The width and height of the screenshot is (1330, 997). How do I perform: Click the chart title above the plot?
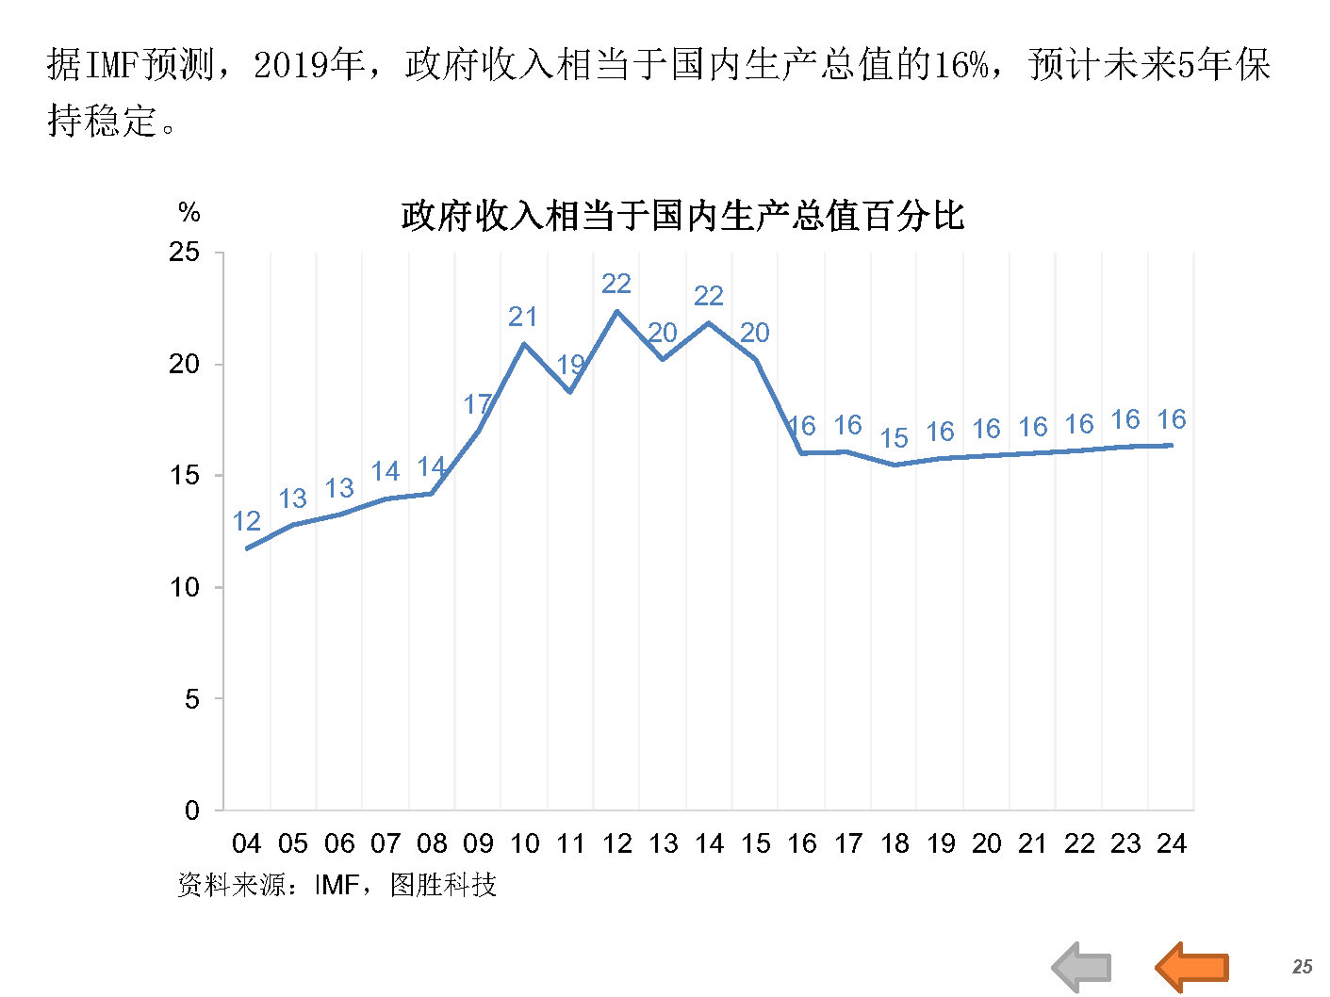(x=682, y=216)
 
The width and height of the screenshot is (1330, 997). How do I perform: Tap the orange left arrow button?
(x=1192, y=967)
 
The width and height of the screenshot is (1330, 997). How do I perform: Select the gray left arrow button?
(x=1082, y=967)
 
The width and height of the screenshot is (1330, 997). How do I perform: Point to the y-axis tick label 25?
(x=185, y=253)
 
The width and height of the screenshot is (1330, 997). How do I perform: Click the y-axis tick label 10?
(x=185, y=587)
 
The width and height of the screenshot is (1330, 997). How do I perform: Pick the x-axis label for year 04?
(x=247, y=843)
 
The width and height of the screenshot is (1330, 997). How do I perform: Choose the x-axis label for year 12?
(x=617, y=843)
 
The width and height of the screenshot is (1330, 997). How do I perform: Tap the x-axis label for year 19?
(x=941, y=843)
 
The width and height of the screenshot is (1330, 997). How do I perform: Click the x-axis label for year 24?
(x=1172, y=843)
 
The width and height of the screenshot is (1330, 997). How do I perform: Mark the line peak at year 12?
(x=617, y=311)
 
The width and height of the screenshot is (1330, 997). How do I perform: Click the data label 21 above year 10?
(x=523, y=317)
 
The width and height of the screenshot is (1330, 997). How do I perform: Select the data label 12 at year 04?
(x=247, y=521)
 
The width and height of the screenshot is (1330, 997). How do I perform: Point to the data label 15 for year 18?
(x=895, y=438)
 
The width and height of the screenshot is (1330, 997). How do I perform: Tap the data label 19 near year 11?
(x=570, y=364)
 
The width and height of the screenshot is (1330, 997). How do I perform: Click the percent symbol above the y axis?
(x=189, y=213)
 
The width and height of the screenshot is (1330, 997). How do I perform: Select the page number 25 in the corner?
(x=1303, y=967)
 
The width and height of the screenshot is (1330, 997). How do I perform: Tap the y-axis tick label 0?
(x=192, y=810)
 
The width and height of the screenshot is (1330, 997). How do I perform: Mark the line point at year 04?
(x=247, y=548)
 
